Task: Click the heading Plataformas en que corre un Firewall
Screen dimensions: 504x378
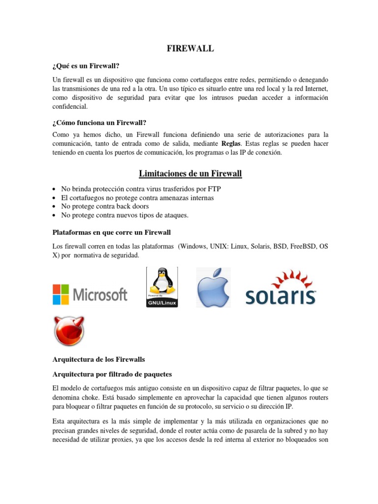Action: click(111, 232)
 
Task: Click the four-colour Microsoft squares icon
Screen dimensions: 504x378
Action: click(62, 294)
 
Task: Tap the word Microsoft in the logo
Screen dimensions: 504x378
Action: click(100, 295)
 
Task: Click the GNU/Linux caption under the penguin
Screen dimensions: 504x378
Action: click(162, 303)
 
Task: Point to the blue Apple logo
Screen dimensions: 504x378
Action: click(214, 288)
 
